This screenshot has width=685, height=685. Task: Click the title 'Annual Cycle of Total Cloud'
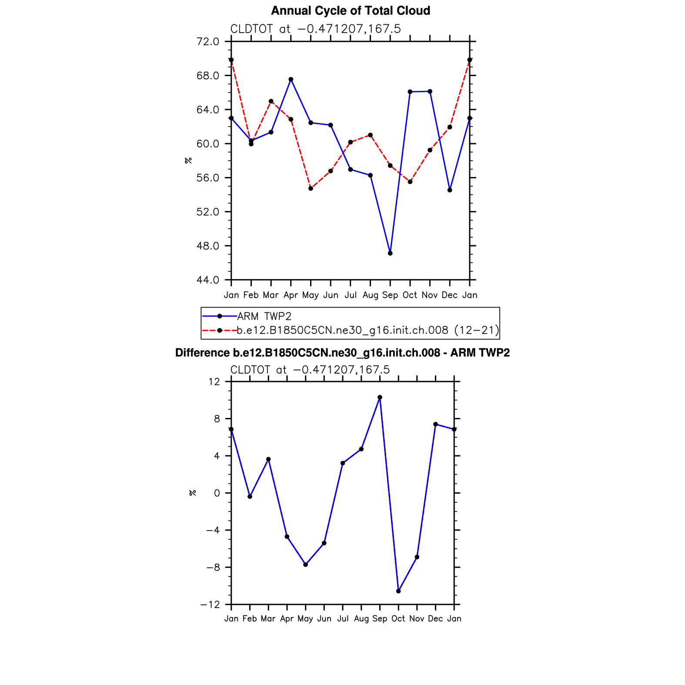pos(351,11)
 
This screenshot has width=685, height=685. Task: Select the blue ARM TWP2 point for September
pos(390,253)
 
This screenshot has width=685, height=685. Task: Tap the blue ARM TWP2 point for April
pos(291,80)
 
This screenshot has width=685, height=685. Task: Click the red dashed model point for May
pos(311,188)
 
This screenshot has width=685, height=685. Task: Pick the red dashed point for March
pos(271,101)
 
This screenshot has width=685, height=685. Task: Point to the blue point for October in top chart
pos(410,92)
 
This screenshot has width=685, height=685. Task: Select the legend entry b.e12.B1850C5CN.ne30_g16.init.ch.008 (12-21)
pos(368,331)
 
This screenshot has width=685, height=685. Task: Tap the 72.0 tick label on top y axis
pos(208,42)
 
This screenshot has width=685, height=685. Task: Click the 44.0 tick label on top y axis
pos(208,280)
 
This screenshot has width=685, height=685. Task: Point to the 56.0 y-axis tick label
pos(208,178)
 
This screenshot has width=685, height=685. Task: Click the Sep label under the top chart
pos(390,295)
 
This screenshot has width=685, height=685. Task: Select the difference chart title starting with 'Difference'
pos(342,353)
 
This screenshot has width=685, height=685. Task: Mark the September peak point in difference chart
pos(380,397)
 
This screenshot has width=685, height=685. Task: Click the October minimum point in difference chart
pos(398,591)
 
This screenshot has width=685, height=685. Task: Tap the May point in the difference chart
pos(305,565)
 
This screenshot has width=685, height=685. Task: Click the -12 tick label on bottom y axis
pos(210,605)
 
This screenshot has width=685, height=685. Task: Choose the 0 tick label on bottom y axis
pos(217,493)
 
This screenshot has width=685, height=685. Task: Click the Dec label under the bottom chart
pos(435,619)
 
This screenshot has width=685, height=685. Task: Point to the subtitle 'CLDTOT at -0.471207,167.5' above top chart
pos(315,29)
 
